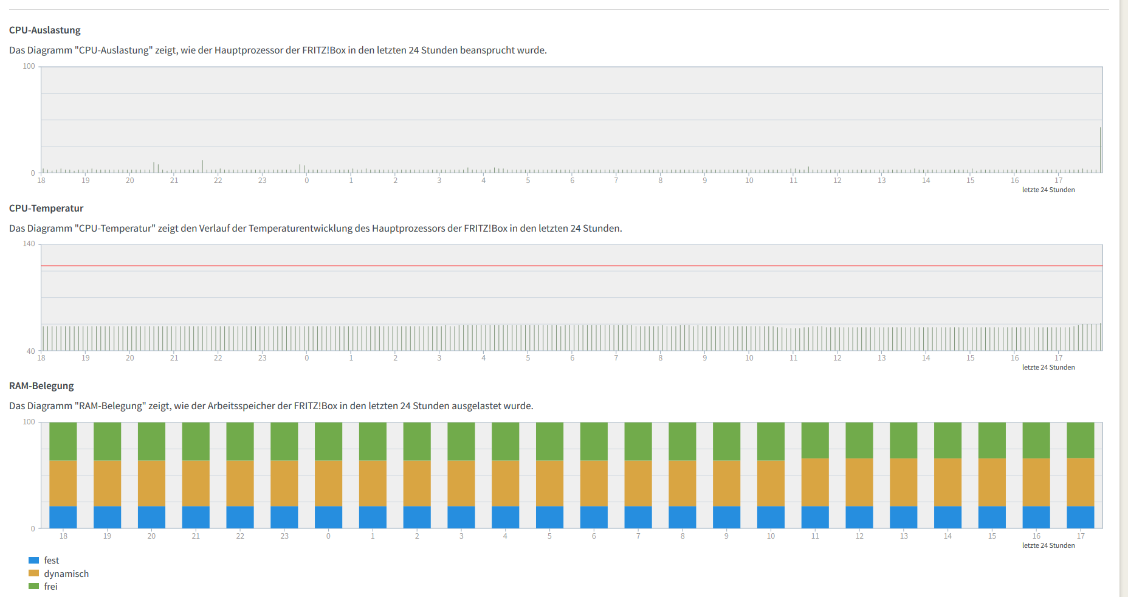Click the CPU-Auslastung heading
pyautogui.click(x=45, y=30)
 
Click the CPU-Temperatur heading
pyautogui.click(x=46, y=209)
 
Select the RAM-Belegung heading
pyautogui.click(x=41, y=386)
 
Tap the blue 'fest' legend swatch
pyautogui.click(x=34, y=561)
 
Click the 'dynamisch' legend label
pyautogui.click(x=66, y=574)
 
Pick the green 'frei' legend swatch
pyautogui.click(x=34, y=587)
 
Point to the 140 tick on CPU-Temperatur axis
pyautogui.click(x=29, y=244)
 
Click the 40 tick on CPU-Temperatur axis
pyautogui.click(x=30, y=351)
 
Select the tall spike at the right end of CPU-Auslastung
pyautogui.click(x=1100, y=150)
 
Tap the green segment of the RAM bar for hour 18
pyautogui.click(x=63, y=441)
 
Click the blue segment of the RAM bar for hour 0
pyautogui.click(x=328, y=517)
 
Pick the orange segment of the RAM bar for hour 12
pyautogui.click(x=859, y=482)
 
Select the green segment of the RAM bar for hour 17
pyautogui.click(x=1081, y=440)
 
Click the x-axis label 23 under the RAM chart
pyautogui.click(x=284, y=536)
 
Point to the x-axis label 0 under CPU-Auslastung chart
pyautogui.click(x=307, y=181)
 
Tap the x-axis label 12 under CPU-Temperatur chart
pyautogui.click(x=837, y=358)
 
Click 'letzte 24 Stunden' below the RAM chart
pyautogui.click(x=1048, y=545)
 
